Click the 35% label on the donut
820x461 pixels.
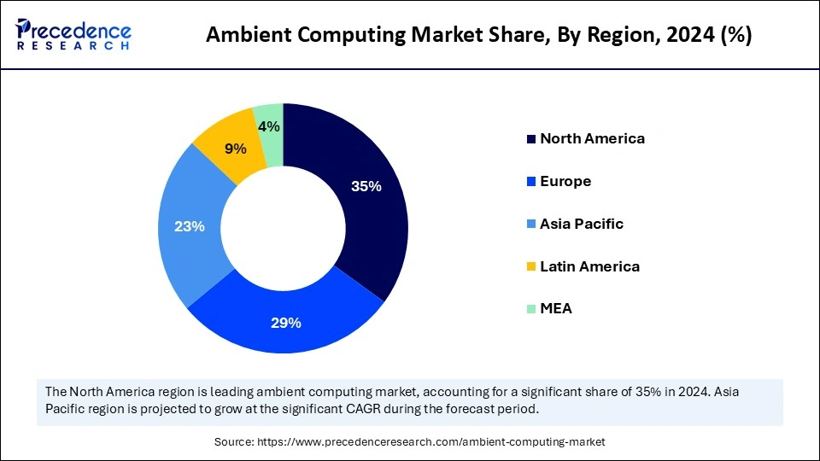366,187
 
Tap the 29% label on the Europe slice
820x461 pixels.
285,323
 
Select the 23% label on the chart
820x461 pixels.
189,226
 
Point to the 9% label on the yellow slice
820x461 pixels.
235,149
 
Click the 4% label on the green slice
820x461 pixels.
270,127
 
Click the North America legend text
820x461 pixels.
592,138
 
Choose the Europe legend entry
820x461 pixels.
565,181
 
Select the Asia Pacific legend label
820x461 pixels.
582,224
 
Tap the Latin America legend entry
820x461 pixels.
589,266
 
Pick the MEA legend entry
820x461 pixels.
556,309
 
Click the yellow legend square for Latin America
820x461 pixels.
530,267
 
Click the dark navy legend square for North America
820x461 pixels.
530,139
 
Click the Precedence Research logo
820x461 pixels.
73,35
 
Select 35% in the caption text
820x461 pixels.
636,391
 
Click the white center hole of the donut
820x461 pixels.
284,228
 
